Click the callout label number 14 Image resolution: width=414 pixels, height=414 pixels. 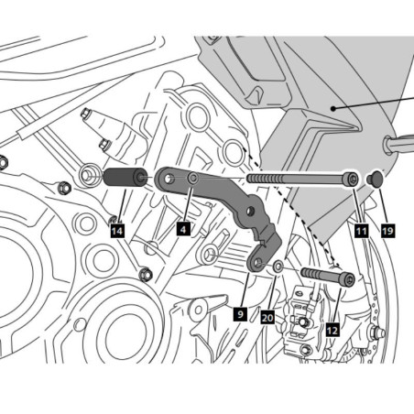[116, 232]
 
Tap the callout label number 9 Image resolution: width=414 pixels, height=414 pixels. [239, 313]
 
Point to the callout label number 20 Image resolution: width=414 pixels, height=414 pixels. [267, 317]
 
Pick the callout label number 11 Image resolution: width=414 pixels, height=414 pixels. [361, 232]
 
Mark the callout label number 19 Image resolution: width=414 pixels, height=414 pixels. [387, 232]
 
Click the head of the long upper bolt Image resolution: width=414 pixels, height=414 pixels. [352, 180]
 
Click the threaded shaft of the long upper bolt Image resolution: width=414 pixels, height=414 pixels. [293, 179]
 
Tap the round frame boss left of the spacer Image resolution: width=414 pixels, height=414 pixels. [92, 172]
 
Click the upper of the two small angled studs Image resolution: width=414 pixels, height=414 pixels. [88, 115]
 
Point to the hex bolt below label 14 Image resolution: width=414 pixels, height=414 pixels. [144, 273]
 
